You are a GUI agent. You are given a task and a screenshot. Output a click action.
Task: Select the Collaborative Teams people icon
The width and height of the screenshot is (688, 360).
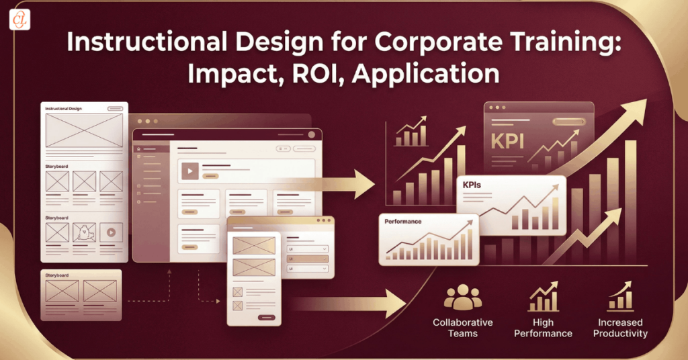pyautogui.click(x=463, y=298)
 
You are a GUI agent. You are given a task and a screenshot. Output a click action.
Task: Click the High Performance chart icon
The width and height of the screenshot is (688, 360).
pyautogui.click(x=543, y=298)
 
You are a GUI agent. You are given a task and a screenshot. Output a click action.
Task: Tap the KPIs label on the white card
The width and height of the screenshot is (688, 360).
pyautogui.click(x=476, y=183)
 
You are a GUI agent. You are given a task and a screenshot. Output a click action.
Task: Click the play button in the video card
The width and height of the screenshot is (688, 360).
pyautogui.click(x=190, y=171)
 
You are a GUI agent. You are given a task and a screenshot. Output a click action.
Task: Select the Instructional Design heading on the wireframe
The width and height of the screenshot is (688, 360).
pyautogui.click(x=64, y=108)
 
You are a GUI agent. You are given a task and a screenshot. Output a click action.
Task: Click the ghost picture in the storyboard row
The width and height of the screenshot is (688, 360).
pyautogui.click(x=85, y=233)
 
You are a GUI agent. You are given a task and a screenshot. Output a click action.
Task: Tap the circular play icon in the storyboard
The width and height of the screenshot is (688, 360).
pyautogui.click(x=112, y=233)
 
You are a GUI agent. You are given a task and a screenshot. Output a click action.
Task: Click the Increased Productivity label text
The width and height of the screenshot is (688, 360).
pyautogui.click(x=620, y=328)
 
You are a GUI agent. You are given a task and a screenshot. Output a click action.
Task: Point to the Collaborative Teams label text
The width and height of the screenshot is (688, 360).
pyautogui.click(x=463, y=328)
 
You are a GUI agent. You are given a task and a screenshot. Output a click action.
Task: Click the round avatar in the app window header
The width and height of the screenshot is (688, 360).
pyautogui.click(x=311, y=134)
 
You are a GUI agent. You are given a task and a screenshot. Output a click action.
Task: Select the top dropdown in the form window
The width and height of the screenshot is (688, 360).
pyautogui.click(x=308, y=249)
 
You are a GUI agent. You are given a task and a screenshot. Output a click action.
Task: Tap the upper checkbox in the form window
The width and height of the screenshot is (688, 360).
pyautogui.click(x=237, y=291)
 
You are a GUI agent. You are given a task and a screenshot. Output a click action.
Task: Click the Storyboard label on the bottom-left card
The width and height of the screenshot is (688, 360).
pyautogui.click(x=57, y=275)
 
